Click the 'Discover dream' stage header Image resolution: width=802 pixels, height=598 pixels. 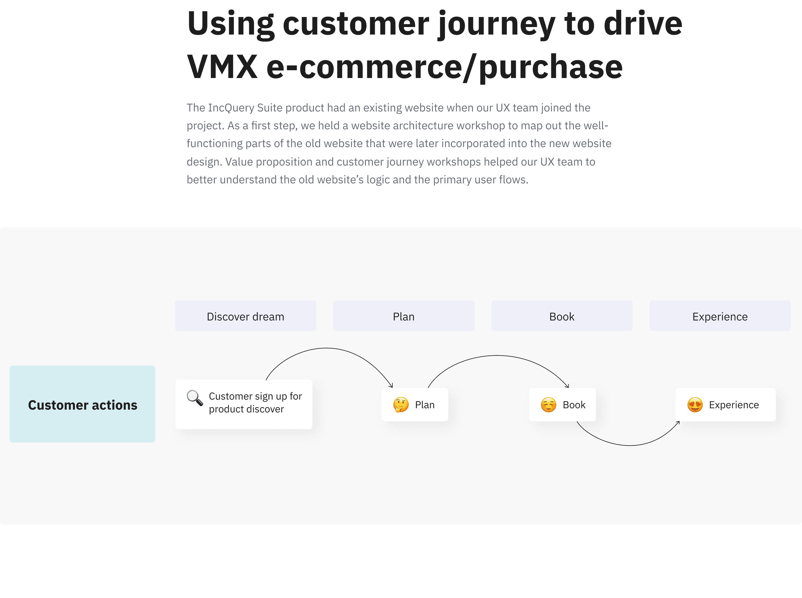point(245,316)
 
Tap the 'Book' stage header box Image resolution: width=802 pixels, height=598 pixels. point(562,316)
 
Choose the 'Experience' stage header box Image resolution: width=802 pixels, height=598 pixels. point(720,316)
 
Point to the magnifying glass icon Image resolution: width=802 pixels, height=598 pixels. point(195,398)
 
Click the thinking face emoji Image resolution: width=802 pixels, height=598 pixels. point(401,405)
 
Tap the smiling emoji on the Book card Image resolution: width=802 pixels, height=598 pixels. point(548,405)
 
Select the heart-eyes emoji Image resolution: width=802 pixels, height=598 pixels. point(695,405)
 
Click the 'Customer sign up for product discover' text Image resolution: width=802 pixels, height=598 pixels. point(255,403)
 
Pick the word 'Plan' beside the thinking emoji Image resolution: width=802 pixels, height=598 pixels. point(425,405)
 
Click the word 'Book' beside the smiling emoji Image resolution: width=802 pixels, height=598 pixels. point(574,405)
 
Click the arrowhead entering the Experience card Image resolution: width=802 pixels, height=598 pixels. point(678,422)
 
